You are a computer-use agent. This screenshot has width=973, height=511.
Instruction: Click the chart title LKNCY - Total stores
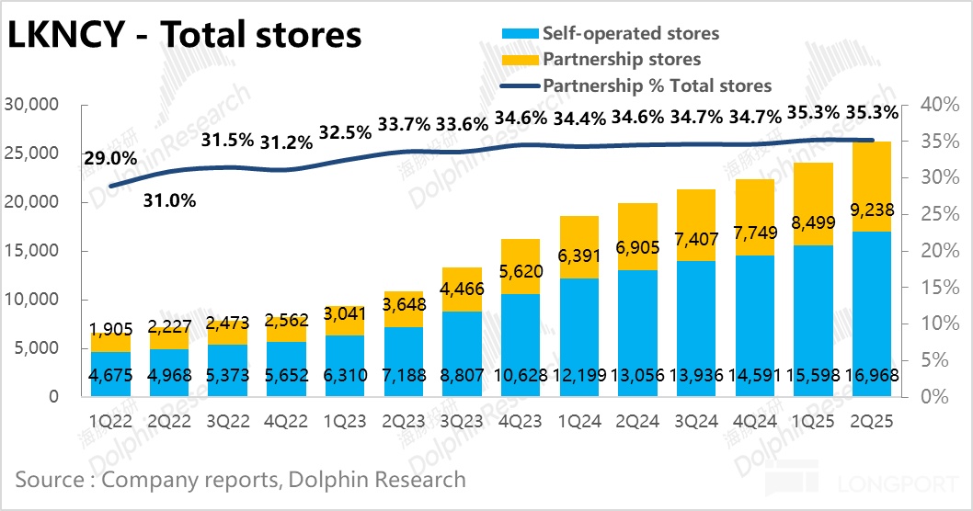click(184, 35)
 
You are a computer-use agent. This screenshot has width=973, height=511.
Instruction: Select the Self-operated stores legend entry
click(630, 34)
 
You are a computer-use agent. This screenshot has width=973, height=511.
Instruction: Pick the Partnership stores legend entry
click(621, 60)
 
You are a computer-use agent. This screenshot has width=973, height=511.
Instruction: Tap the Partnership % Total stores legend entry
click(657, 85)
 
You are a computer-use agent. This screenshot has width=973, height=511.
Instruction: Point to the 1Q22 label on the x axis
click(110, 421)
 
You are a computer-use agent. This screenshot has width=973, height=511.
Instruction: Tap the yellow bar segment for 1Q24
click(578, 234)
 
